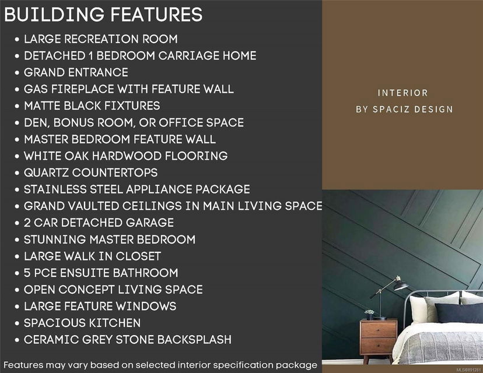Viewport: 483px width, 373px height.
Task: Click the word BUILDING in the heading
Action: pos(54,15)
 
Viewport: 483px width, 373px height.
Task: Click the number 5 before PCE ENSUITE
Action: pos(27,273)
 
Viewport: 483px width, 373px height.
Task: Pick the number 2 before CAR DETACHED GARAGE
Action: pos(27,223)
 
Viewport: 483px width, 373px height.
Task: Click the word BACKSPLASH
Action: pos(194,339)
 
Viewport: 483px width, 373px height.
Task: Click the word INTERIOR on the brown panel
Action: pos(403,93)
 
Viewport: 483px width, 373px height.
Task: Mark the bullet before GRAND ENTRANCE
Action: pos(17,73)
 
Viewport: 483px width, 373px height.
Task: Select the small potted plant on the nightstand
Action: pos(369,314)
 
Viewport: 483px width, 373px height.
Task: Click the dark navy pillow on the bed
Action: pos(459,312)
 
